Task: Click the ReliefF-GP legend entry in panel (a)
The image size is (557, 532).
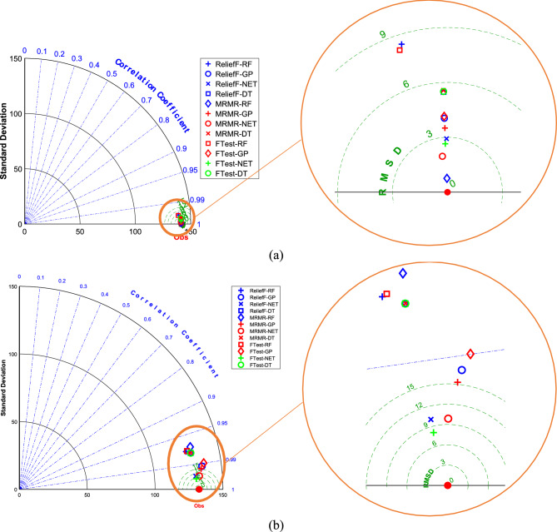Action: [x=236, y=73]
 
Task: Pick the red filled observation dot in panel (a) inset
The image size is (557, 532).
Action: [x=447, y=192]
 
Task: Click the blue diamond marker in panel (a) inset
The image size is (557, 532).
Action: [x=448, y=178]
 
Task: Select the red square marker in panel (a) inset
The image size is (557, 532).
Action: [x=400, y=50]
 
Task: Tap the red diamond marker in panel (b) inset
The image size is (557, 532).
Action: [x=470, y=355]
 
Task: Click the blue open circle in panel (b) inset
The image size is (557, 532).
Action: [x=462, y=370]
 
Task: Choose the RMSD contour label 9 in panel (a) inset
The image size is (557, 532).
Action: [x=380, y=34]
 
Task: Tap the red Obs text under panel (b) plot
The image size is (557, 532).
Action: [x=199, y=505]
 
